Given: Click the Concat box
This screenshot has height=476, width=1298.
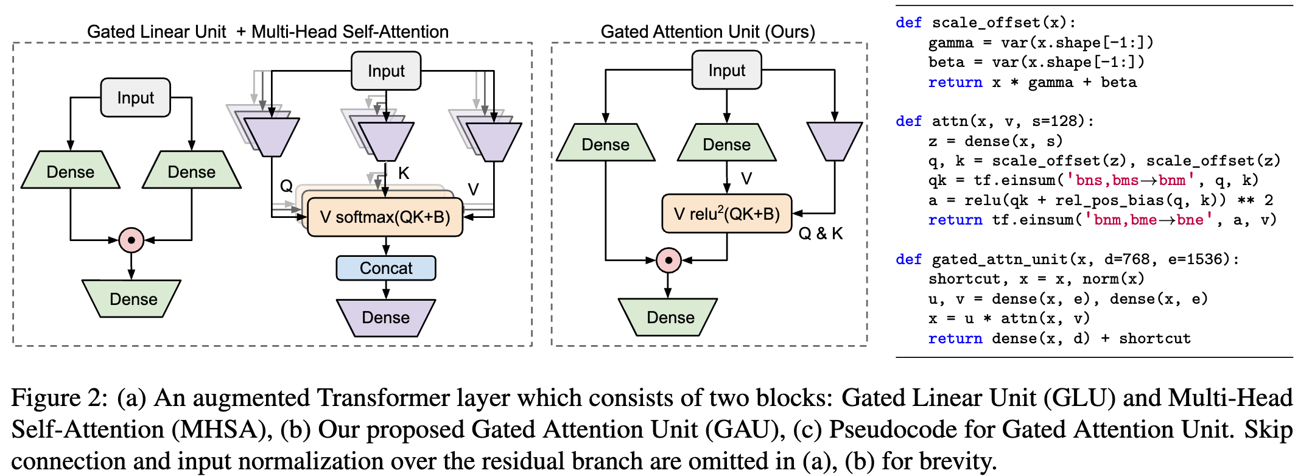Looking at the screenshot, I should pyautogui.click(x=386, y=268).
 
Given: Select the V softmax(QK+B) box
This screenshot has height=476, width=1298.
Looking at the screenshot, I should pyautogui.click(x=385, y=217).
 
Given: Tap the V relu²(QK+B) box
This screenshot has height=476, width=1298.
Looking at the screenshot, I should pyautogui.click(x=726, y=214).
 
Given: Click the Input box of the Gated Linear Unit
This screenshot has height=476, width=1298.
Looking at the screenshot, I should pyautogui.click(x=135, y=97).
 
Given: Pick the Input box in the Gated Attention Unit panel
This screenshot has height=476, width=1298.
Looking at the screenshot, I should pyautogui.click(x=726, y=71).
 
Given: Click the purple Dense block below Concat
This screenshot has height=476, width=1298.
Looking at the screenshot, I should pyautogui.click(x=386, y=318).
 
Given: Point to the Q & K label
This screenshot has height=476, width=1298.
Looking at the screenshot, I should pyautogui.click(x=820, y=234).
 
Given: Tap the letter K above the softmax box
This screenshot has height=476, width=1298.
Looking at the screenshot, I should pyautogui.click(x=404, y=173).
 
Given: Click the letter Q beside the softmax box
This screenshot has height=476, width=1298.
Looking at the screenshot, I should pyautogui.click(x=286, y=186).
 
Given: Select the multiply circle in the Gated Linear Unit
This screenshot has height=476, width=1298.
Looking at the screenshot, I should pyautogui.click(x=132, y=240).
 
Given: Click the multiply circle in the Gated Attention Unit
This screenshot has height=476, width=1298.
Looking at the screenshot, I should pyautogui.click(x=668, y=260).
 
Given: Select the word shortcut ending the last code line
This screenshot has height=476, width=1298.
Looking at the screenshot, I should pyautogui.click(x=1154, y=338).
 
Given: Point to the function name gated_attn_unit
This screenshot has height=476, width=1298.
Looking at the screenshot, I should pyautogui.click(x=1000, y=260).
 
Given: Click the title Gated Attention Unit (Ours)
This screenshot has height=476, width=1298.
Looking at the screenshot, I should pyautogui.click(x=707, y=32).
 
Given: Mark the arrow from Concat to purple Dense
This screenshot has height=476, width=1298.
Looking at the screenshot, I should pyautogui.click(x=386, y=290).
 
